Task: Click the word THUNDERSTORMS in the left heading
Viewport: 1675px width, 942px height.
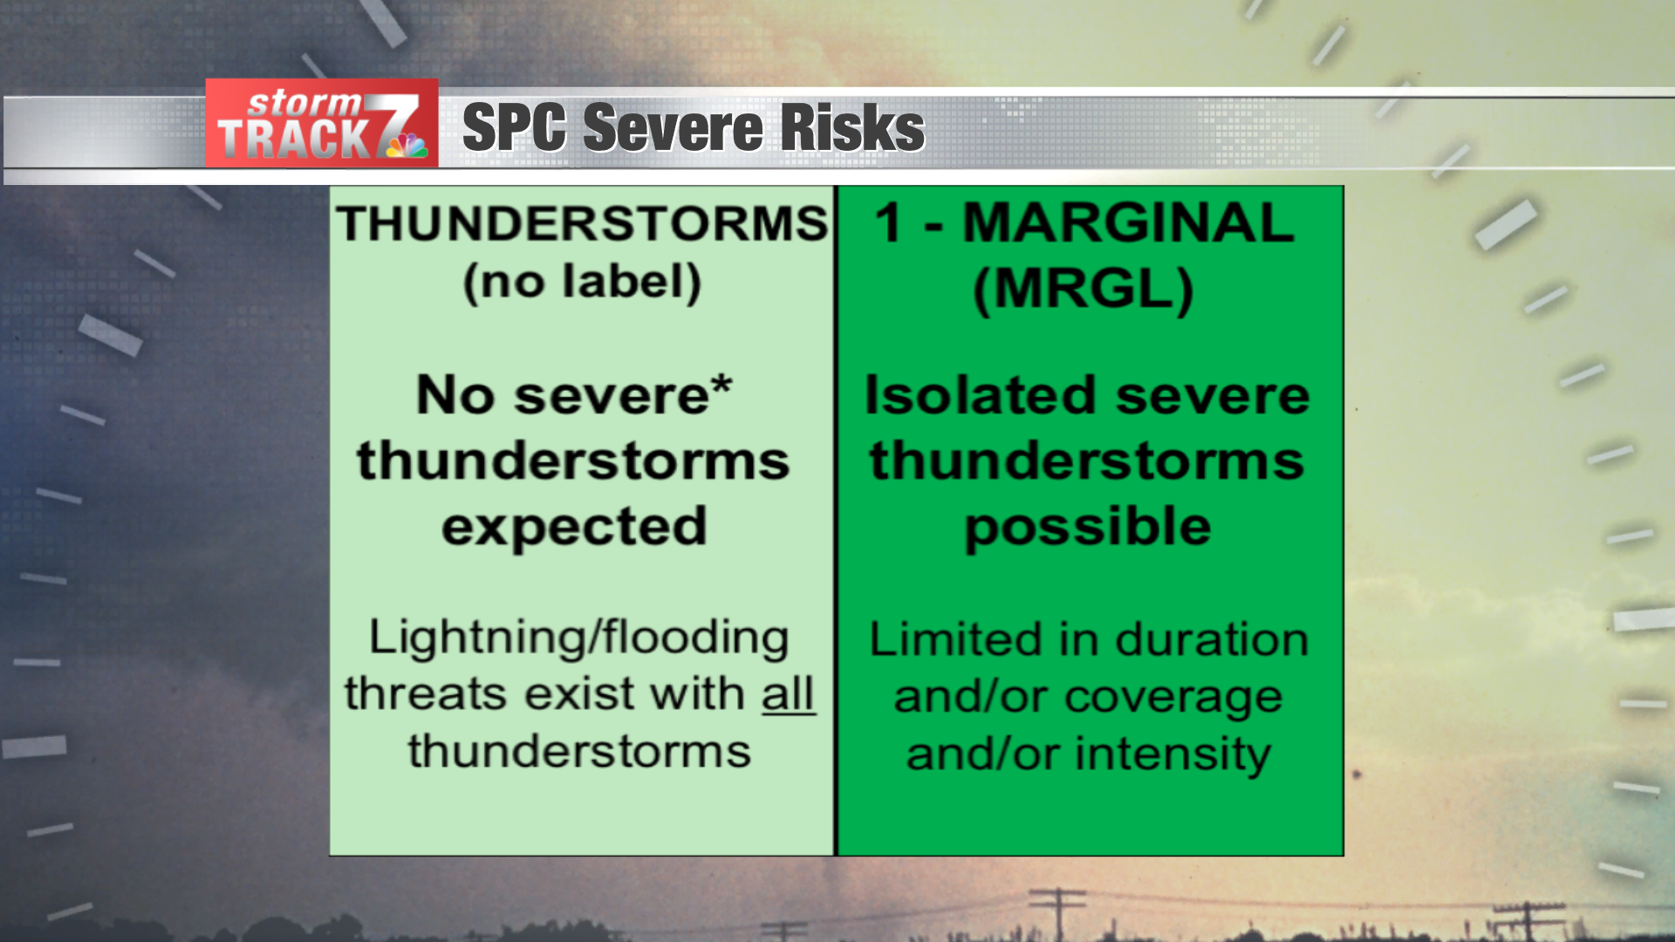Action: [582, 223]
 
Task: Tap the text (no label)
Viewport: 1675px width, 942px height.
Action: [582, 283]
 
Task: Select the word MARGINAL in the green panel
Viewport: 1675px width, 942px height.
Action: [1128, 222]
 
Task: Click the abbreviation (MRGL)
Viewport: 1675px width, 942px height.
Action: [1083, 289]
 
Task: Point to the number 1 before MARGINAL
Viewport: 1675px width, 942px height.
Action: [888, 222]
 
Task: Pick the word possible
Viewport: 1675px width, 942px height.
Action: [1088, 527]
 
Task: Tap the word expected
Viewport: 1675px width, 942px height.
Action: [574, 527]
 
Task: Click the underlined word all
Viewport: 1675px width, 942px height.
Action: [788, 694]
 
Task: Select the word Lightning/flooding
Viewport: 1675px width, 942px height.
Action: [578, 637]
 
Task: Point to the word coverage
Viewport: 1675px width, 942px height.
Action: [1173, 697]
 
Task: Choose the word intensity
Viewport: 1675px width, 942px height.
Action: [1173, 754]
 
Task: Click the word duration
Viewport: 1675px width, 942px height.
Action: [1212, 639]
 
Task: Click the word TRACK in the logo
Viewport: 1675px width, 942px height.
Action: [295, 140]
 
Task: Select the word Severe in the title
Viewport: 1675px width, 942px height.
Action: [673, 127]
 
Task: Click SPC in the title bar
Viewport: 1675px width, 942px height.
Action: [514, 127]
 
